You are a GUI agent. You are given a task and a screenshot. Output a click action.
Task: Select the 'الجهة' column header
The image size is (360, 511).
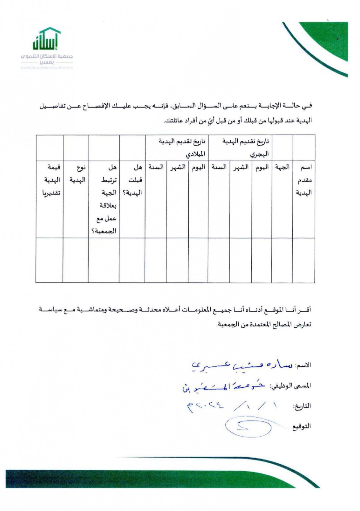pos(282,167)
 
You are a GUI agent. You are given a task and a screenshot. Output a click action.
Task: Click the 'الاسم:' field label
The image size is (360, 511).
pos(303,365)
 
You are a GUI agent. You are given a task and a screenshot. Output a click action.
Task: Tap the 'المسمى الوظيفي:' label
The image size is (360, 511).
pos(290,386)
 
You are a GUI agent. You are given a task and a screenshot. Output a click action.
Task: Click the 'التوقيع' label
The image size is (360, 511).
pos(301,426)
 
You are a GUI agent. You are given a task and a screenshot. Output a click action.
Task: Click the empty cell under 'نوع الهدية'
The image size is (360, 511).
pos(76,260)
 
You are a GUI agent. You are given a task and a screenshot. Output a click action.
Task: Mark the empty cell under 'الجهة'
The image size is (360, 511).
pos(282,260)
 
